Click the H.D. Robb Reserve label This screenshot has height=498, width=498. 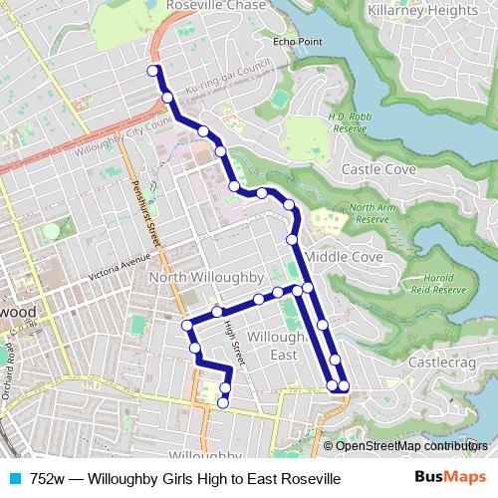[350, 122]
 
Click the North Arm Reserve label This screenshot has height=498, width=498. [371, 213]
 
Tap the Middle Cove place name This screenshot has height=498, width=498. [344, 257]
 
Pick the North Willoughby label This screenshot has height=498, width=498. [204, 276]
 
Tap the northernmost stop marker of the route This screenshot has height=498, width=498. [153, 71]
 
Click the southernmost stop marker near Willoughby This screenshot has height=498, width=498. [223, 402]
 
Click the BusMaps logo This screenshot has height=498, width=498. [449, 479]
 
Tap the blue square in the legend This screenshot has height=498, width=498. [14, 479]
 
